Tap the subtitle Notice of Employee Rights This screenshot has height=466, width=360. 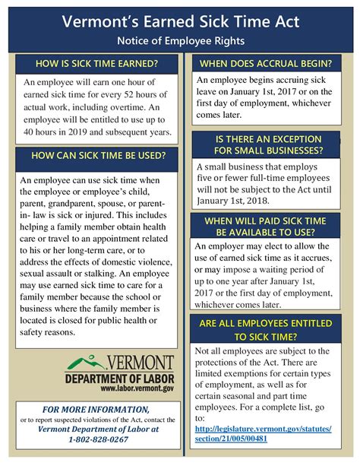tap(179, 39)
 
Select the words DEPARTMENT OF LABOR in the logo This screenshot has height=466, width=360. tap(119, 378)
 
